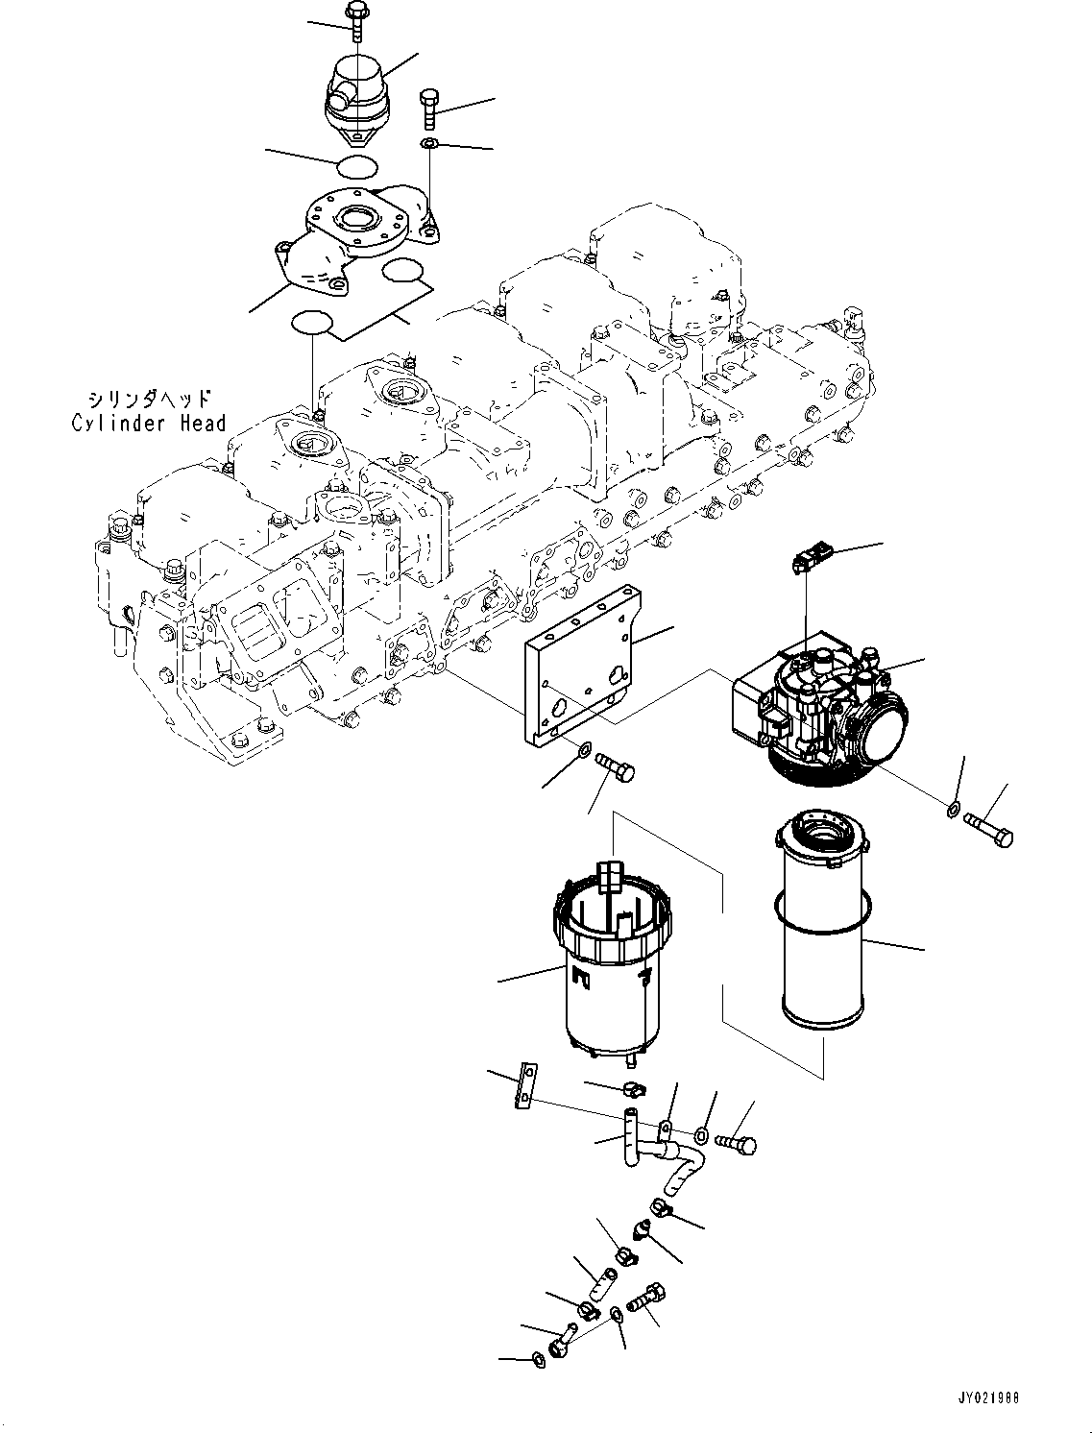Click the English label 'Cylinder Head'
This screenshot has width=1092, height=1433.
(149, 423)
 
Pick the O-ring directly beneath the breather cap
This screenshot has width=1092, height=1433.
(357, 165)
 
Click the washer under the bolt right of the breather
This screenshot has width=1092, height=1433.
(429, 144)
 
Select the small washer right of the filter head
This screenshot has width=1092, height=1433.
(951, 810)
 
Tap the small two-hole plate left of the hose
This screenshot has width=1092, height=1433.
(524, 1085)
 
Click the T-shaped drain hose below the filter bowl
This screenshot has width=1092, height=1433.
(653, 1148)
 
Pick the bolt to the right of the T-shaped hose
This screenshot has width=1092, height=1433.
(738, 1143)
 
